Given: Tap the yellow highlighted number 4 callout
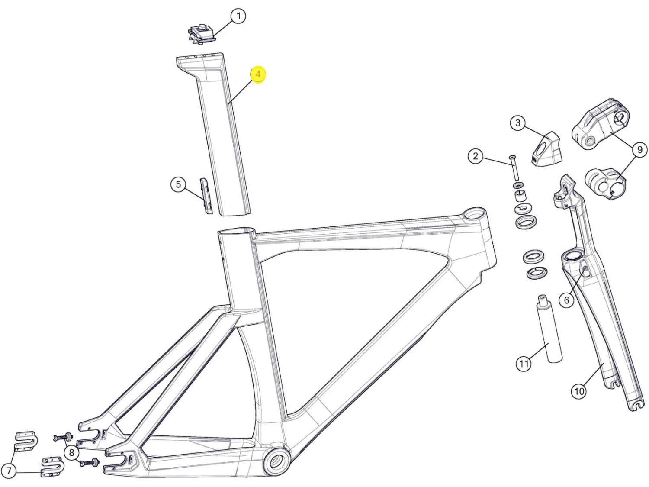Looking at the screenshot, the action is pyautogui.click(x=258, y=74).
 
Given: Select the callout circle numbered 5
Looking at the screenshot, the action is pyautogui.click(x=178, y=184).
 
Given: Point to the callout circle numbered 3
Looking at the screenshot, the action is pyautogui.click(x=518, y=123).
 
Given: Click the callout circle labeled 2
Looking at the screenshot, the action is pyautogui.click(x=476, y=156).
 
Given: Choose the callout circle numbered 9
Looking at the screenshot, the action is pyautogui.click(x=639, y=150).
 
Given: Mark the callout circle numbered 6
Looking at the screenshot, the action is pyautogui.click(x=566, y=300).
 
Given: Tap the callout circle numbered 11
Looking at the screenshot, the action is pyautogui.click(x=524, y=363).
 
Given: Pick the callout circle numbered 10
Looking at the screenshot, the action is pyautogui.click(x=579, y=391).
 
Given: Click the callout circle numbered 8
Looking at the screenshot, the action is pyautogui.click(x=71, y=452).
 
